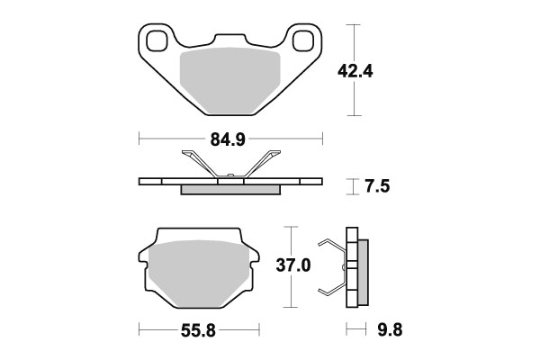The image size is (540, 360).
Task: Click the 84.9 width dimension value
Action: click(230, 139)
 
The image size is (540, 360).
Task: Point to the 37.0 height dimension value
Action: click(293, 265)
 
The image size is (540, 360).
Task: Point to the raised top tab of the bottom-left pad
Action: click(198, 235)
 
